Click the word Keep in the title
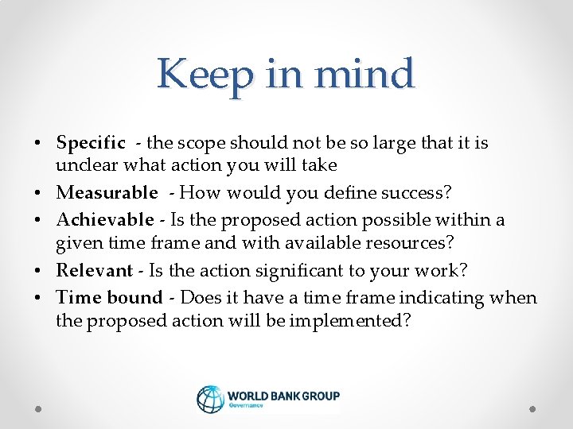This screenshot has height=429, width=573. (x=193, y=75)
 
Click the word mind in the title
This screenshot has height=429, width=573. (x=364, y=74)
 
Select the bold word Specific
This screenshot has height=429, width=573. (x=91, y=143)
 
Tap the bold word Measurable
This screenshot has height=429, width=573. (x=107, y=192)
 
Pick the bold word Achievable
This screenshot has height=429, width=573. (x=105, y=218)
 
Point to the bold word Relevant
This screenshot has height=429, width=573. (x=94, y=270)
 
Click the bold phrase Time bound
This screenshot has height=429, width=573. (x=109, y=297)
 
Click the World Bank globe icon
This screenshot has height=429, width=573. (x=210, y=399)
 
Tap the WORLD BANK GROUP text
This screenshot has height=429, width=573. (x=283, y=395)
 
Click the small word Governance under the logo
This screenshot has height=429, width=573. (x=247, y=405)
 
